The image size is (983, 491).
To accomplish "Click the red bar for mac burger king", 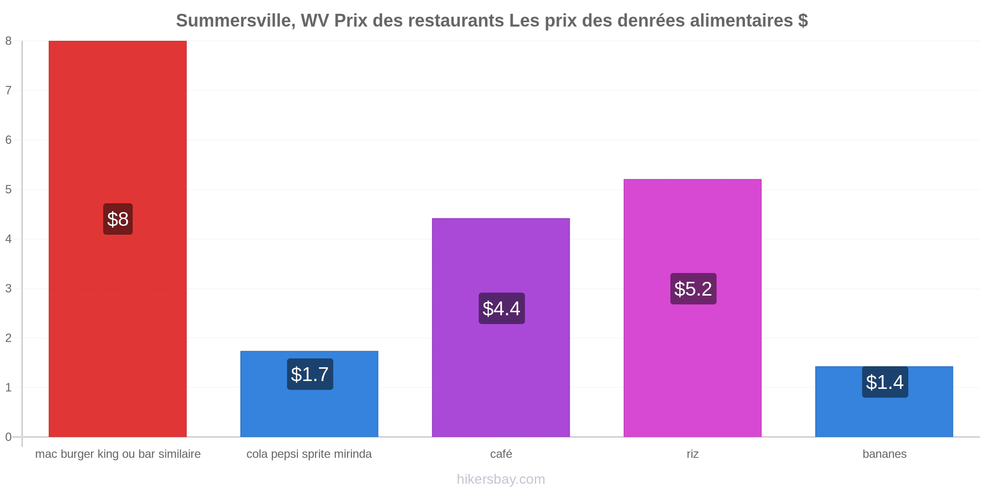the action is pos(117,239).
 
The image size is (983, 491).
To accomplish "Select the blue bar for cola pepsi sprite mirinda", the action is pos(309,394).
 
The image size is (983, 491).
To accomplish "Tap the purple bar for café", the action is pos(501,327).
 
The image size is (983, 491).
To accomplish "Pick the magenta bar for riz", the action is pos(693,308).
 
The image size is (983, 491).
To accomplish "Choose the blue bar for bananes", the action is pos(884,402).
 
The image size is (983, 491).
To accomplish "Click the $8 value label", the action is pos(118,219).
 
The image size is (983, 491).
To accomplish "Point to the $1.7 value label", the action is pos(310,374).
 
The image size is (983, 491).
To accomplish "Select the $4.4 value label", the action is pos(501,308).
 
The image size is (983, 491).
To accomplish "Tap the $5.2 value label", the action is pos(693,289).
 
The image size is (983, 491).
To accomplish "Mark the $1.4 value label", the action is pos(885,382).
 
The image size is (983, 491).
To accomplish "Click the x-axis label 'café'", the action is pos(501,454).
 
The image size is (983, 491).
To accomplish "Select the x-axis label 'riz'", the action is pos(693,454).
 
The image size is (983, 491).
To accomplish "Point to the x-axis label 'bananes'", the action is pos(885,454).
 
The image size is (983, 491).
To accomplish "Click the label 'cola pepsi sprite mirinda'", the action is pos(309,454).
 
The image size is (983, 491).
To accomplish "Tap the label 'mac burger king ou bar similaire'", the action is pos(118,454).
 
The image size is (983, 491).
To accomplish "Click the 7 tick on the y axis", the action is pos(8,90).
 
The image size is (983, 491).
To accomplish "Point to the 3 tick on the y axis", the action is pos(8,288).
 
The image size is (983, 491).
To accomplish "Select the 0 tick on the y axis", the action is pos(8,437).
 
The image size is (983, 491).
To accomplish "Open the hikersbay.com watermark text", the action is pos(501,479).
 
